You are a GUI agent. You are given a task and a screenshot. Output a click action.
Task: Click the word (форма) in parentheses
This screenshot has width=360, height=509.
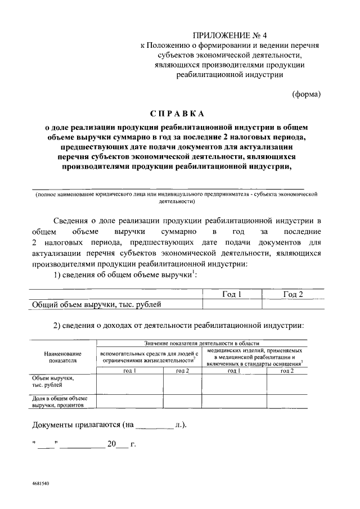(306, 94)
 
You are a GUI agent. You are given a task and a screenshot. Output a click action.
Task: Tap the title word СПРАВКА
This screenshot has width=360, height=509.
(177, 114)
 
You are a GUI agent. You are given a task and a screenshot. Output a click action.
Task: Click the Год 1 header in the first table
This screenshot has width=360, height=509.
(231, 294)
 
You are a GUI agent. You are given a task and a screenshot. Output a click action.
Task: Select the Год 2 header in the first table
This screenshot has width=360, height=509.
(292, 294)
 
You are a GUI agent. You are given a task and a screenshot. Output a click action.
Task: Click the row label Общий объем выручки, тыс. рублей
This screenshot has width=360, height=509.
(97, 305)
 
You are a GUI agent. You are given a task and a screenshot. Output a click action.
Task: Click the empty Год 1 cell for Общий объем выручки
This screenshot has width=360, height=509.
(231, 305)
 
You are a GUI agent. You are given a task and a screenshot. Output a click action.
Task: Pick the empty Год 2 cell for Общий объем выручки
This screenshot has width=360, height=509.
(292, 305)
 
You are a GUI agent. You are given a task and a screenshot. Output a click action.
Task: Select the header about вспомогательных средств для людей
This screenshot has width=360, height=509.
(149, 357)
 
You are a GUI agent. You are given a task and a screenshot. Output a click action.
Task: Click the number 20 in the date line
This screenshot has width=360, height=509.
(111, 444)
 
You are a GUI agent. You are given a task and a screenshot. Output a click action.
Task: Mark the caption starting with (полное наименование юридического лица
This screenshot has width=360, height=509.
(176, 197)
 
